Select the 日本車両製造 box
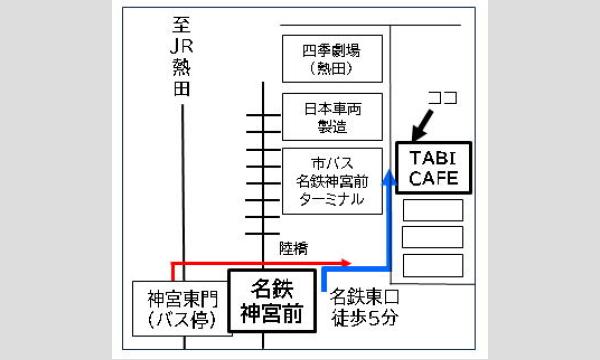click(334, 116)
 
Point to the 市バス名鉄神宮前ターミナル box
click(334, 181)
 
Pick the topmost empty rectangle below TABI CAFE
click(432, 210)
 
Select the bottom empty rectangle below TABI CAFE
click(432, 266)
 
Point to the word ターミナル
click(334, 199)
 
